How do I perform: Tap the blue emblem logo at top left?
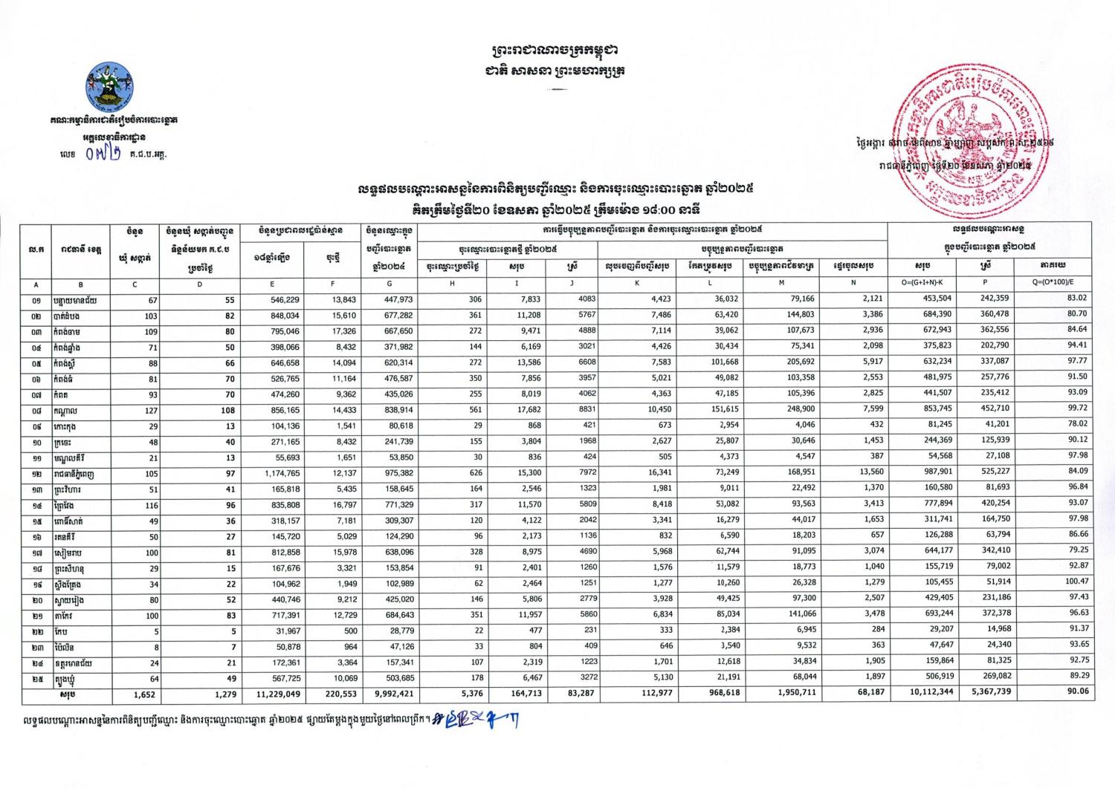point(109,85)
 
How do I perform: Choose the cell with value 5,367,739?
point(989,694)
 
